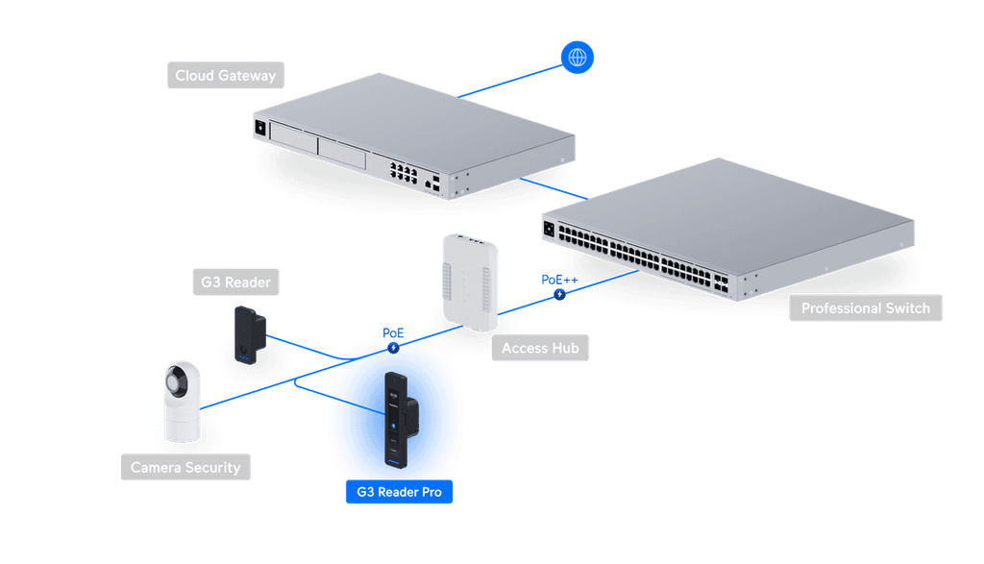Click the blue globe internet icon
pyautogui.click(x=577, y=57)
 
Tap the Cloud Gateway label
pyautogui.click(x=225, y=75)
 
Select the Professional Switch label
pyautogui.click(x=866, y=308)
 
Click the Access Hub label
pyautogui.click(x=540, y=348)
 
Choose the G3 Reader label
pyautogui.click(x=235, y=282)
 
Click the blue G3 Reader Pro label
pyautogui.click(x=399, y=492)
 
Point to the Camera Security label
pyautogui.click(x=185, y=467)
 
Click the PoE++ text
pyautogui.click(x=559, y=280)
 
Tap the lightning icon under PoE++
pyautogui.click(x=559, y=294)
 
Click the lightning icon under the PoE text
pyautogui.click(x=393, y=348)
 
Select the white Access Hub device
pyautogui.click(x=470, y=282)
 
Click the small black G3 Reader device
pyautogui.click(x=250, y=335)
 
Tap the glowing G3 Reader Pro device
pyautogui.click(x=401, y=420)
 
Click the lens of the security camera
pyautogui.click(x=175, y=380)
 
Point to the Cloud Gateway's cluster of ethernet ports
pyautogui.click(x=404, y=172)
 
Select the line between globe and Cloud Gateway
pyautogui.click(x=509, y=82)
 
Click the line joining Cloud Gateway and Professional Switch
pyautogui.click(x=554, y=189)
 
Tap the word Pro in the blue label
pyautogui.click(x=431, y=492)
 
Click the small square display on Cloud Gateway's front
pyautogui.click(x=260, y=128)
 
